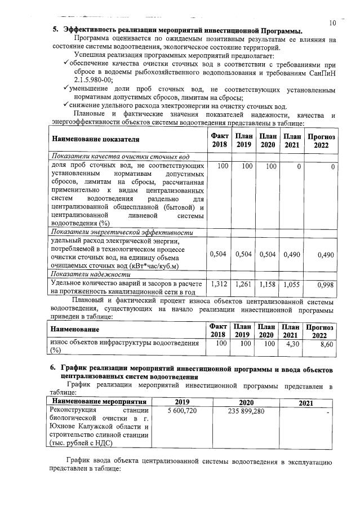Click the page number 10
pyautogui.click(x=332, y=23)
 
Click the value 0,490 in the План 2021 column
pyautogui.click(x=291, y=254)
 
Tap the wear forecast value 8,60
pyautogui.click(x=326, y=344)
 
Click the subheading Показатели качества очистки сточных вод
pyautogui.click(x=119, y=156)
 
